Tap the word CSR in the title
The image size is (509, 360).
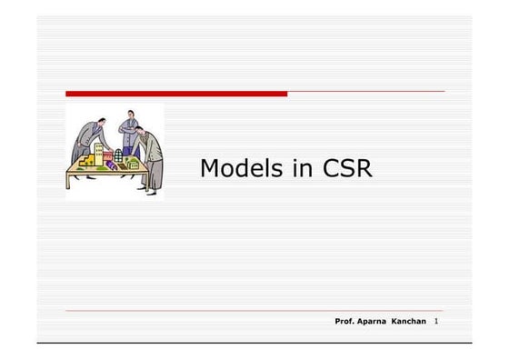tap(347, 169)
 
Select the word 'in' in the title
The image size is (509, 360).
tap(296, 169)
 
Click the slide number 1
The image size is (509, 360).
tap(437, 323)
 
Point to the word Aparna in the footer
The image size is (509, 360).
tap(373, 323)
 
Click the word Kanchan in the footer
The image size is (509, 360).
tap(409, 323)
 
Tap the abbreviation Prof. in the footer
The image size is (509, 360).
tap(344, 323)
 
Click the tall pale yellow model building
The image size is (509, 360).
tap(99, 153)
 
